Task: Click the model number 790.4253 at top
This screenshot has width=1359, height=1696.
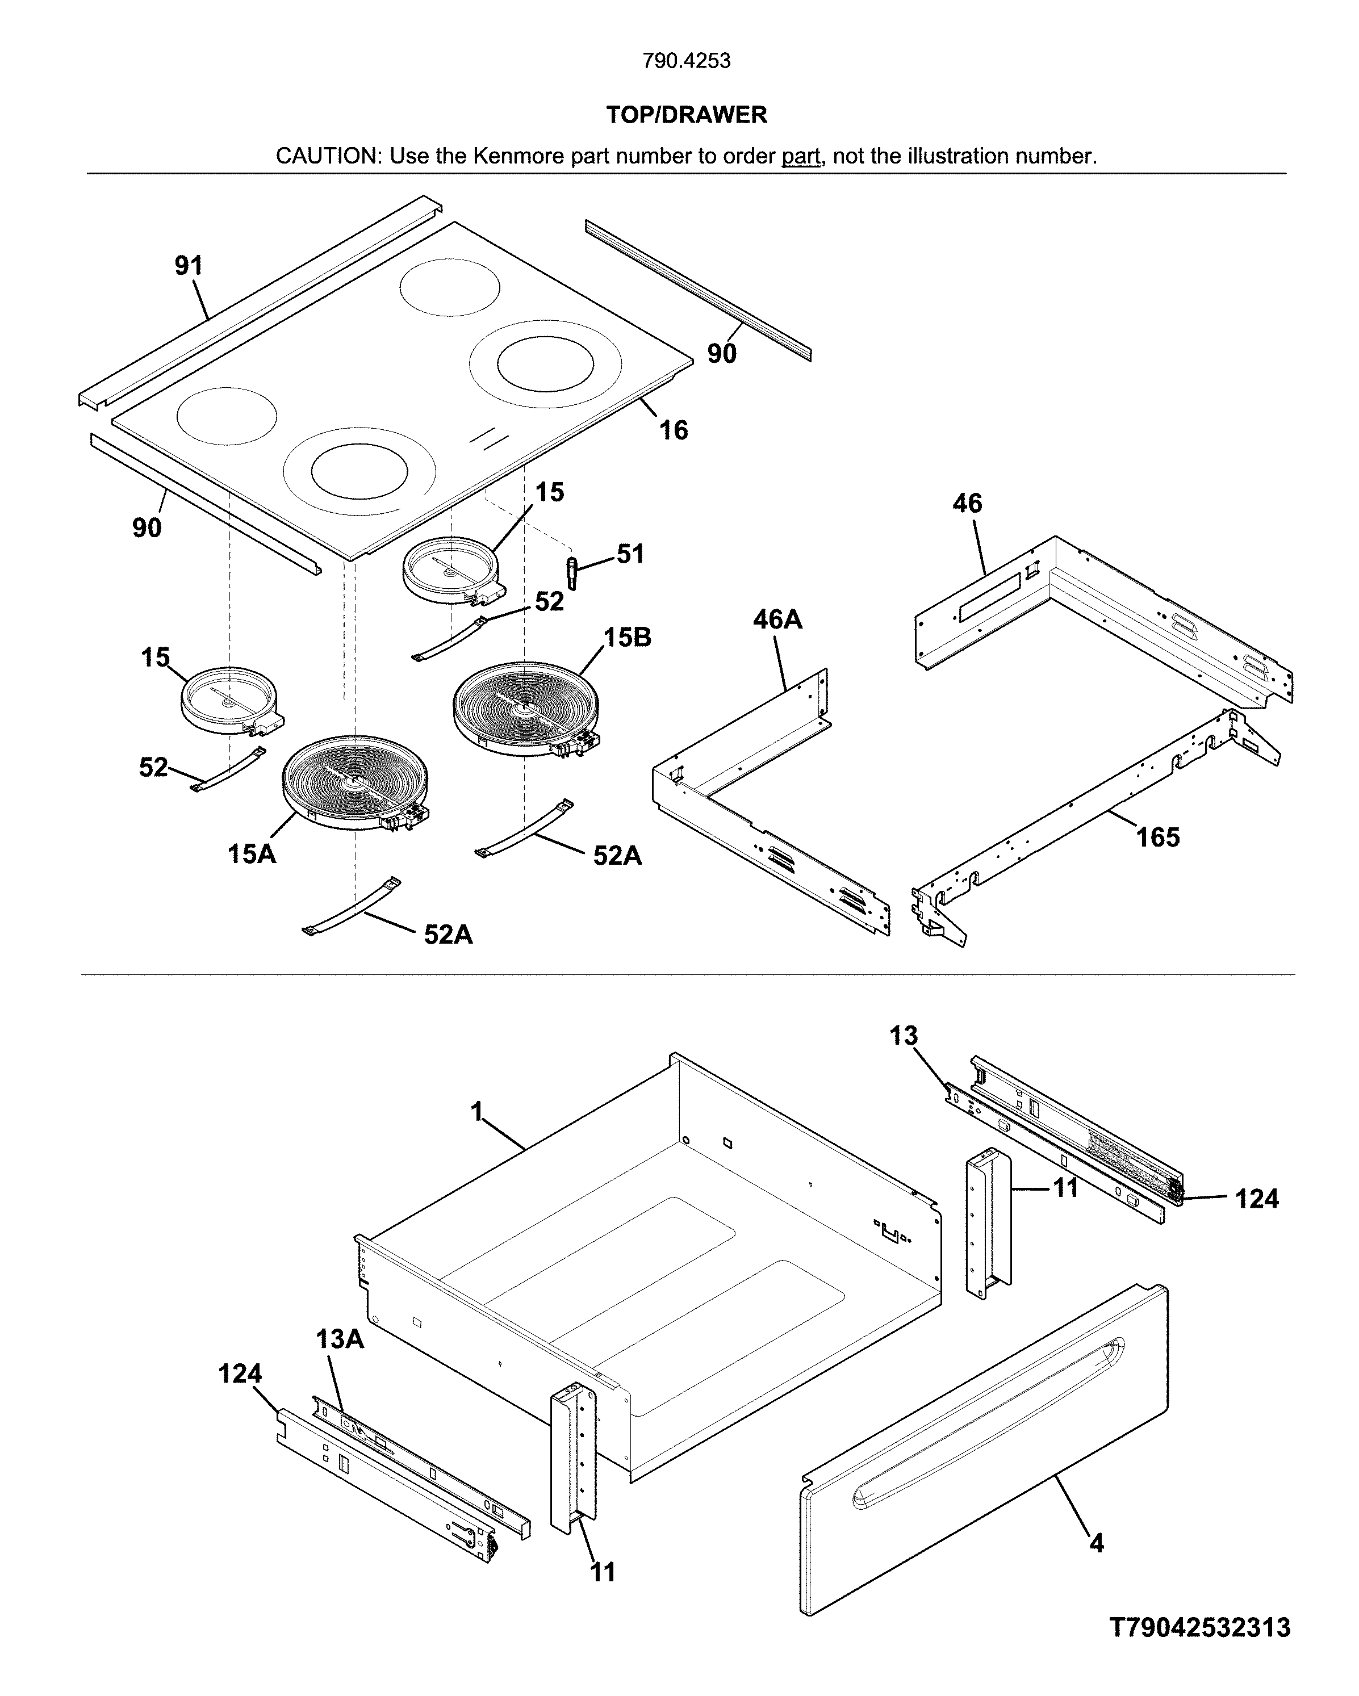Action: [686, 61]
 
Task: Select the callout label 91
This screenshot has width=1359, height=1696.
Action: [189, 266]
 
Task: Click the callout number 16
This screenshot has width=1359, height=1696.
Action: [673, 430]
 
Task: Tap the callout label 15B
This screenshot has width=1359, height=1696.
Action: [627, 637]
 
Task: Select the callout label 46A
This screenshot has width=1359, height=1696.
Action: [777, 620]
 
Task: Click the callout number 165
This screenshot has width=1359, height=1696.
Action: [1157, 837]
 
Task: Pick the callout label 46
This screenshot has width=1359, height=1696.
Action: [967, 504]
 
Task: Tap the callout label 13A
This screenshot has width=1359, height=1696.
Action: [340, 1338]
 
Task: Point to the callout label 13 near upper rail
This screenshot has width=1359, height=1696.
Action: [904, 1036]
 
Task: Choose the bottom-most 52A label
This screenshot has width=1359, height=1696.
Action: [448, 935]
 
